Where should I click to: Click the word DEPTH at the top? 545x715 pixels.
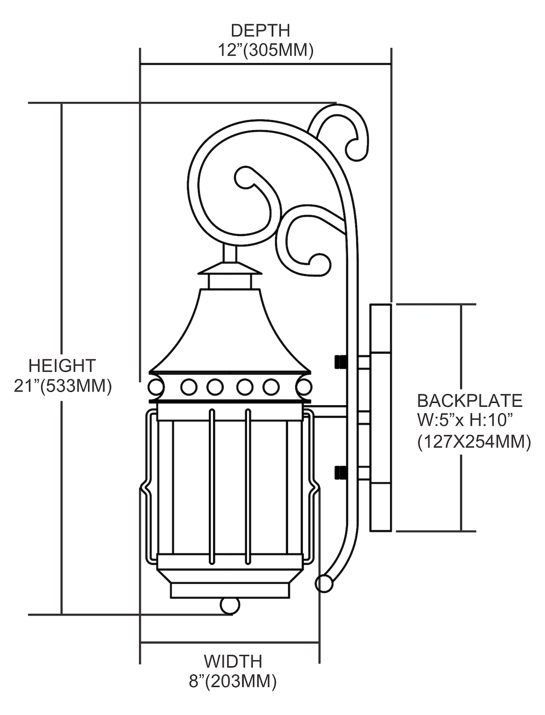point(260,31)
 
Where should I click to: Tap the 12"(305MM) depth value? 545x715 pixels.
point(266,50)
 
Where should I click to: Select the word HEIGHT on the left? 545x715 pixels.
point(62,366)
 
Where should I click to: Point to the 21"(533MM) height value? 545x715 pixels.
point(62,386)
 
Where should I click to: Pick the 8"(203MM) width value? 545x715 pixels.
point(233,681)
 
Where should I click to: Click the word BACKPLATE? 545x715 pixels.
point(470,400)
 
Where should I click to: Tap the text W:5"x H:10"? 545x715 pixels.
point(464,421)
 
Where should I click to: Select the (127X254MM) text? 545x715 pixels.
point(473,442)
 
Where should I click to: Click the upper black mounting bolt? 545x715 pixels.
point(340,362)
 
